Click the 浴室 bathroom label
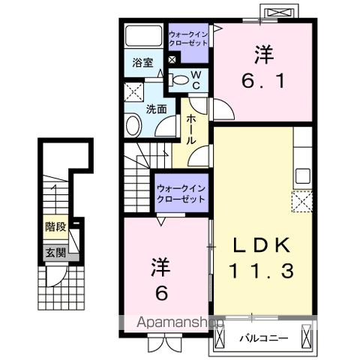point(142,62)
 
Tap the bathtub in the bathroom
point(143,35)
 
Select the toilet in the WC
point(178,80)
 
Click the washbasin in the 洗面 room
point(133,125)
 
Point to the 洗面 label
point(157,109)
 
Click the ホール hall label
point(191,129)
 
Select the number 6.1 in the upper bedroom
point(263,81)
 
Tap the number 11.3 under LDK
point(261,271)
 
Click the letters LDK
point(262,244)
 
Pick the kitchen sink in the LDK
point(303,176)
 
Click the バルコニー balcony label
point(264,338)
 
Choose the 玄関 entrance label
point(55,253)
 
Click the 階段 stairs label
point(55,226)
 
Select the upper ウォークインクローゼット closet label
point(188,38)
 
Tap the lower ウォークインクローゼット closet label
point(181,193)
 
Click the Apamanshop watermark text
point(180,322)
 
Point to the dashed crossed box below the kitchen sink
point(302,201)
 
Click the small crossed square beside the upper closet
point(172,60)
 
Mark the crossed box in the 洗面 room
point(134,92)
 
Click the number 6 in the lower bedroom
point(161,292)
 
